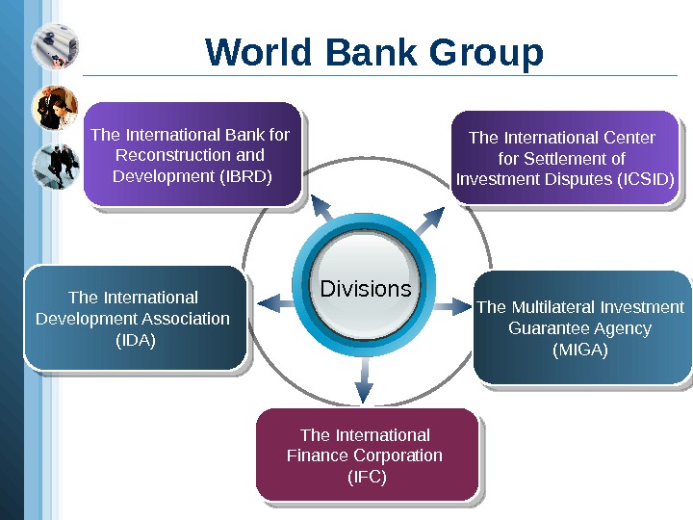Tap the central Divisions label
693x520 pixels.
point(365,289)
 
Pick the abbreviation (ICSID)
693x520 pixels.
point(646,179)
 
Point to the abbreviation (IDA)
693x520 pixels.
point(135,340)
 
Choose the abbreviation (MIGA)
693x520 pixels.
point(579,350)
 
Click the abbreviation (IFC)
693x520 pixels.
point(366,477)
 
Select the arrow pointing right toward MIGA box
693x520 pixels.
point(450,306)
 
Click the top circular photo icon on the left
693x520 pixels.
point(55,47)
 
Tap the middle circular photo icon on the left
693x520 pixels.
point(55,107)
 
